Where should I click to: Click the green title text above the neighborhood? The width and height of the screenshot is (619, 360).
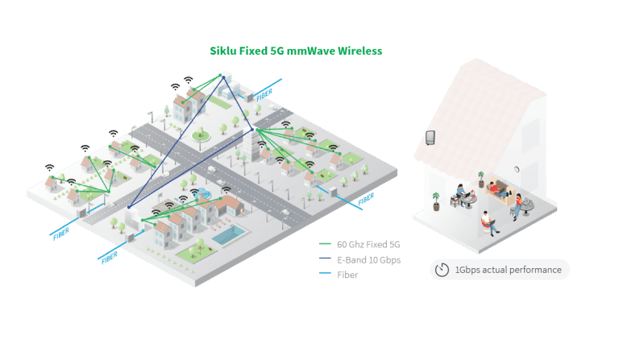click(296, 50)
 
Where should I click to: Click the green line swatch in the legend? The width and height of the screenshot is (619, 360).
click(326, 244)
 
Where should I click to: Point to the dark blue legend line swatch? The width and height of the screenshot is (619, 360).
click(326, 259)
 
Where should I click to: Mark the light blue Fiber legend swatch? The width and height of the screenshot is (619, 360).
click(326, 275)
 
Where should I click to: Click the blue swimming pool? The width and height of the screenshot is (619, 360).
click(231, 235)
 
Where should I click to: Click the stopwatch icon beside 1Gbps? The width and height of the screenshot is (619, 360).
click(442, 270)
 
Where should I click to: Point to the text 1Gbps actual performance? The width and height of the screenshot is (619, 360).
click(507, 270)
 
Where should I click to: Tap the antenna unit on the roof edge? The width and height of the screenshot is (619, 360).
click(431, 138)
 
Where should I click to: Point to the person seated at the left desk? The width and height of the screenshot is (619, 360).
click(461, 194)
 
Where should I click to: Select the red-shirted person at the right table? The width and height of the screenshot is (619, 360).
click(518, 202)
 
